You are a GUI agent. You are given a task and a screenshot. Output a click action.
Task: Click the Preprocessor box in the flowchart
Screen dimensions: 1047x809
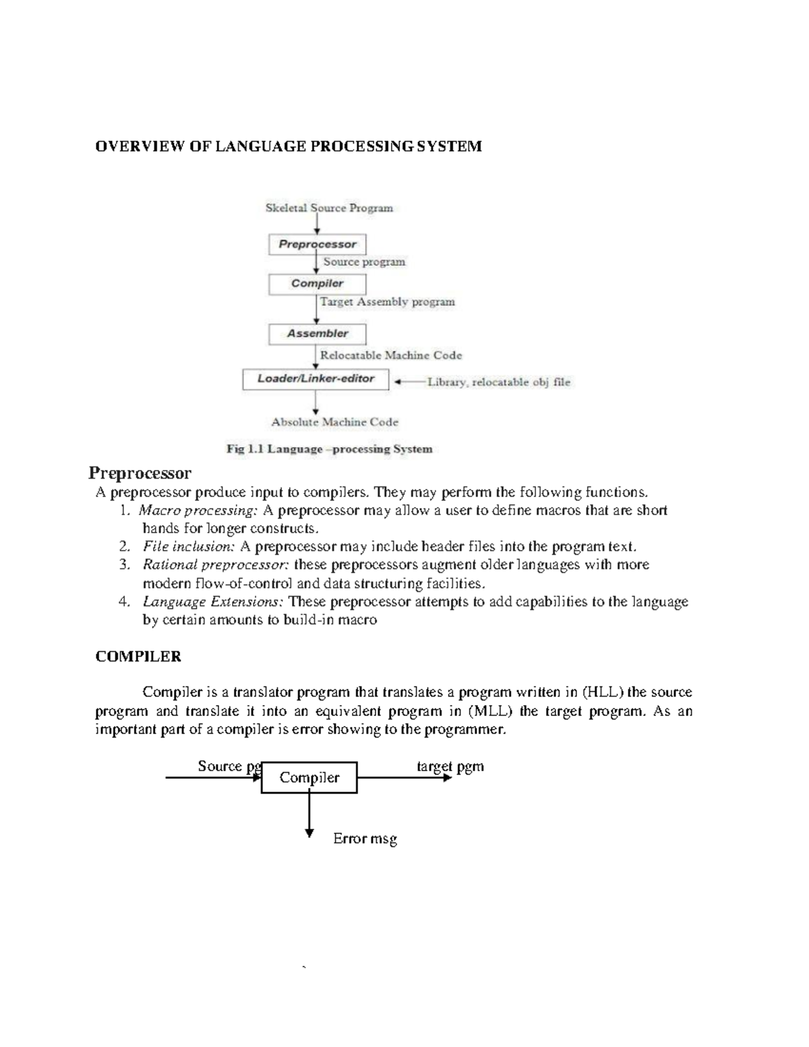tap(318, 244)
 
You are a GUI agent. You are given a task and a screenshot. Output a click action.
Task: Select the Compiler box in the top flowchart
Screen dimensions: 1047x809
tap(318, 284)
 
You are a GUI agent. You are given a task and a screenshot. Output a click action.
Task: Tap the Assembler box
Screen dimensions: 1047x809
tap(318, 334)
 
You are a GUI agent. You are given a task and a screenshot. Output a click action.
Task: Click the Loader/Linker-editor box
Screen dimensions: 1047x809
tap(316, 379)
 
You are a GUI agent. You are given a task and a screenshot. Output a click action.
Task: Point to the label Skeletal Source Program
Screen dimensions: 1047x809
tap(329, 208)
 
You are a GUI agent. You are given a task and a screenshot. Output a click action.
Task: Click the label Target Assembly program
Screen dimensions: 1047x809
tap(388, 302)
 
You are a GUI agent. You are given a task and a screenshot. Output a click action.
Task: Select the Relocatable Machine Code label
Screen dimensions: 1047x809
tap(391, 355)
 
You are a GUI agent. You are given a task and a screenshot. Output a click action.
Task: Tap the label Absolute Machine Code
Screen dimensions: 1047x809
tap(334, 422)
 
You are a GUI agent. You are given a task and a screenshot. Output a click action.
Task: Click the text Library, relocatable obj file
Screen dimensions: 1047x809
tap(499, 382)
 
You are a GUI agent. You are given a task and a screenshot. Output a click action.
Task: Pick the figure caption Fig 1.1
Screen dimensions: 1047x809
tap(329, 449)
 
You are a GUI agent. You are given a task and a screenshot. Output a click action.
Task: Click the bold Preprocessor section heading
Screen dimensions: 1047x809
tap(140, 473)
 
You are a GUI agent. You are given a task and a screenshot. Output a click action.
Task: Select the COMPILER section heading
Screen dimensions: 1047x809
tap(138, 657)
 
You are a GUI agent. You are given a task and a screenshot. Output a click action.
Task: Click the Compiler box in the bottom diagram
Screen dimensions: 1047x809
tap(309, 777)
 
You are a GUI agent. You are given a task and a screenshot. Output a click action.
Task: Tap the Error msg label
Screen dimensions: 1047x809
tap(365, 839)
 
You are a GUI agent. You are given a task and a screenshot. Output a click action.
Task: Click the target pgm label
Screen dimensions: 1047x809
tap(450, 767)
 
